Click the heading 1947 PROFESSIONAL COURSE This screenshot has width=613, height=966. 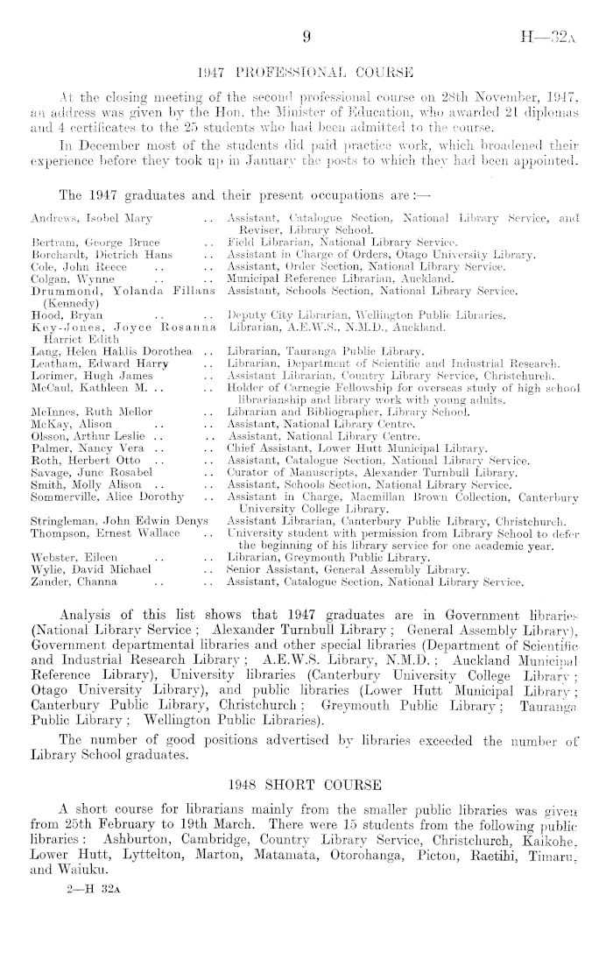point(306,70)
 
